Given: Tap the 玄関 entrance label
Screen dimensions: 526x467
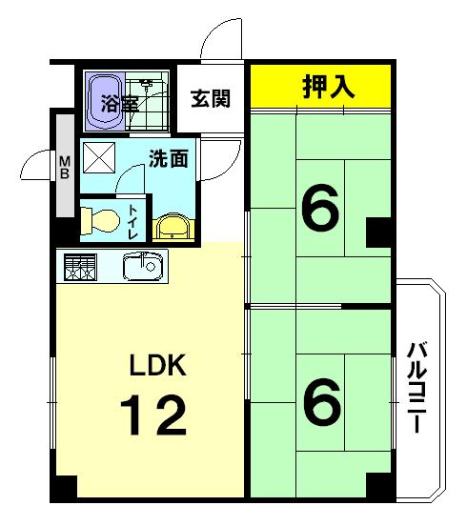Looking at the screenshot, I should click(210, 98).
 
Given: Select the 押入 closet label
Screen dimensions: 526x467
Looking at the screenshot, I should click(329, 88).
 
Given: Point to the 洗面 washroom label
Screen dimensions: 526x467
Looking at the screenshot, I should click(169, 158).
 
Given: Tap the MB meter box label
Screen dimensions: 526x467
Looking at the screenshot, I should click(65, 168).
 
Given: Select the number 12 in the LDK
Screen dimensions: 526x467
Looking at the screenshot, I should click(152, 415).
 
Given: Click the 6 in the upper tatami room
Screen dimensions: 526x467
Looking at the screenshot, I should click(320, 212).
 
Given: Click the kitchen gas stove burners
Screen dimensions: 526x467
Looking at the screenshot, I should click(79, 267).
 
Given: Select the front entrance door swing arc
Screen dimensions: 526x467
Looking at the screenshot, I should click(215, 43).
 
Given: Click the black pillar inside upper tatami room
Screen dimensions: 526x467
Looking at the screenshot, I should click(378, 232).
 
